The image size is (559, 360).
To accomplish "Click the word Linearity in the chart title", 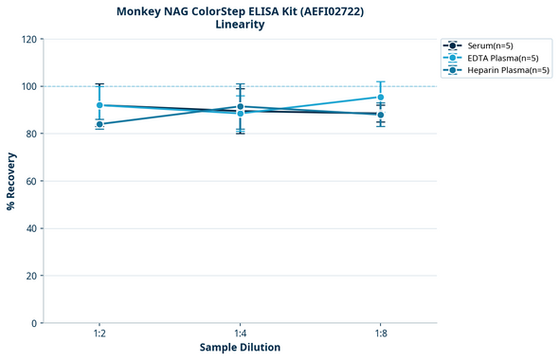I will point(240,25).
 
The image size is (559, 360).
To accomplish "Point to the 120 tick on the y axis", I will point(28,39).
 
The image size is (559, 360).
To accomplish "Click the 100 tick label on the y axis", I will point(28,86).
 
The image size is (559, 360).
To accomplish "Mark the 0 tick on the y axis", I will point(34,323).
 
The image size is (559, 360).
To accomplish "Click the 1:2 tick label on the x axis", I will point(99,334).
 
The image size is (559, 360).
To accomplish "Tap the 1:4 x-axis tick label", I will point(240,334).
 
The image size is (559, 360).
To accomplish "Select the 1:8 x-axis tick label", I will point(380,334).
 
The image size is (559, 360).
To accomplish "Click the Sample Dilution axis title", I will point(240,348).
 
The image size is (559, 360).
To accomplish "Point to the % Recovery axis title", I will point(11,181).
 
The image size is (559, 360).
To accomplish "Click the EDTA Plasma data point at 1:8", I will point(380,98).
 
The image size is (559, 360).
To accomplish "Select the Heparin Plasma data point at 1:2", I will point(99,124).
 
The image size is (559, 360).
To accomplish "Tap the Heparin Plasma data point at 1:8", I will point(380,115).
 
